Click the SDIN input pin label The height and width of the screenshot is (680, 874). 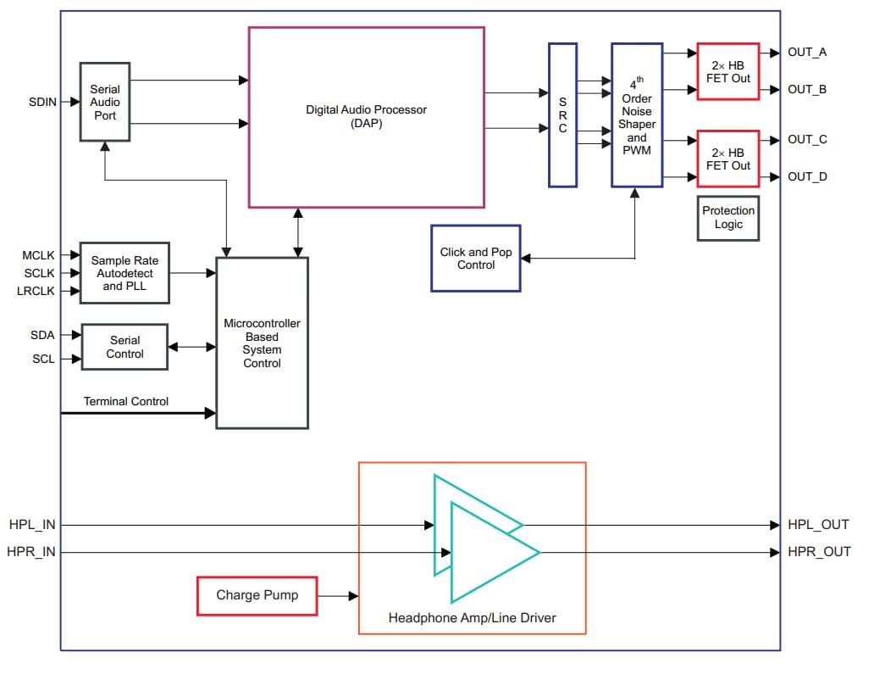coord(42,102)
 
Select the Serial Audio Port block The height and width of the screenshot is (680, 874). coord(105,102)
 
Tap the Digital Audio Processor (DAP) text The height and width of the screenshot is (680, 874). coord(366,116)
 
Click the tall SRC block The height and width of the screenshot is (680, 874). coord(562,115)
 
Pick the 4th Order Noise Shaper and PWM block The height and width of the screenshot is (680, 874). coord(636,116)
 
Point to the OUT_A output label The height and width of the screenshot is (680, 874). coord(806,53)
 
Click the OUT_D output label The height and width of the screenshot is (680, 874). coord(806,176)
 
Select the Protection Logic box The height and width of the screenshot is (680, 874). coord(727,218)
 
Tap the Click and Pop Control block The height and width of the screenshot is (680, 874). coord(475,259)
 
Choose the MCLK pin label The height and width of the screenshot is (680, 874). coord(39,255)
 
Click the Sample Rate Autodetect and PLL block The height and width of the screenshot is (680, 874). coord(124,273)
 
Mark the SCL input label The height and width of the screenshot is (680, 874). coord(43,359)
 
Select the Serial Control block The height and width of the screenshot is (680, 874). coord(124,347)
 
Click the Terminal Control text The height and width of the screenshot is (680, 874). coord(125,401)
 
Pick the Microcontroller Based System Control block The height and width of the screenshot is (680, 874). coord(262,343)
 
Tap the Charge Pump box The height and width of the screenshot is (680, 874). coord(257,595)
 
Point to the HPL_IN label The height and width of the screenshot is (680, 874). coord(31,525)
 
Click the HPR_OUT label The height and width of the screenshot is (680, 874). coord(819,552)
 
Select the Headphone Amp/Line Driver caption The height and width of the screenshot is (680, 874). coord(472,618)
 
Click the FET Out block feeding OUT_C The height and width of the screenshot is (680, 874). coord(727,159)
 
